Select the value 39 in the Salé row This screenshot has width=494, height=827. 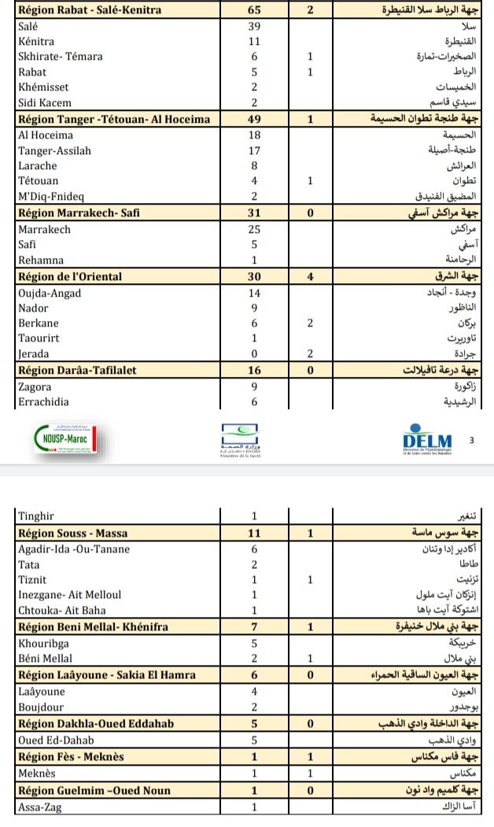pyautogui.click(x=254, y=26)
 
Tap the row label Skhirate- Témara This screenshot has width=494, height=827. pyautogui.click(x=61, y=57)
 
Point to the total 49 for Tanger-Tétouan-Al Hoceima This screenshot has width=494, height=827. pyautogui.click(x=254, y=119)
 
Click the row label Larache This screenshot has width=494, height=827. pyautogui.click(x=38, y=166)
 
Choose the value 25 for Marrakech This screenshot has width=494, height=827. pyautogui.click(x=254, y=230)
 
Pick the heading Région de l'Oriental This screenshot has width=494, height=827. pyautogui.click(x=70, y=277)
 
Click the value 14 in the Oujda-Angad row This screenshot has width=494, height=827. pyautogui.click(x=254, y=294)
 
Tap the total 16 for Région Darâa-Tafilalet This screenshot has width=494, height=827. pyautogui.click(x=254, y=371)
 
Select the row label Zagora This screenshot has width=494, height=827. pyautogui.click(x=35, y=387)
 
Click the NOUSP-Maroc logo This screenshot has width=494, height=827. pyautogui.click(x=65, y=439)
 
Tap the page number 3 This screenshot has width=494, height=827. pyautogui.click(x=471, y=440)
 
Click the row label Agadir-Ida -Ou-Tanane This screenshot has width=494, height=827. pyautogui.click(x=74, y=549)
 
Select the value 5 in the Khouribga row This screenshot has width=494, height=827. pyautogui.click(x=254, y=643)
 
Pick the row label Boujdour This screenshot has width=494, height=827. pyautogui.click(x=41, y=707)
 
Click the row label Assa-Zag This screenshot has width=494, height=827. pyautogui.click(x=39, y=807)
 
